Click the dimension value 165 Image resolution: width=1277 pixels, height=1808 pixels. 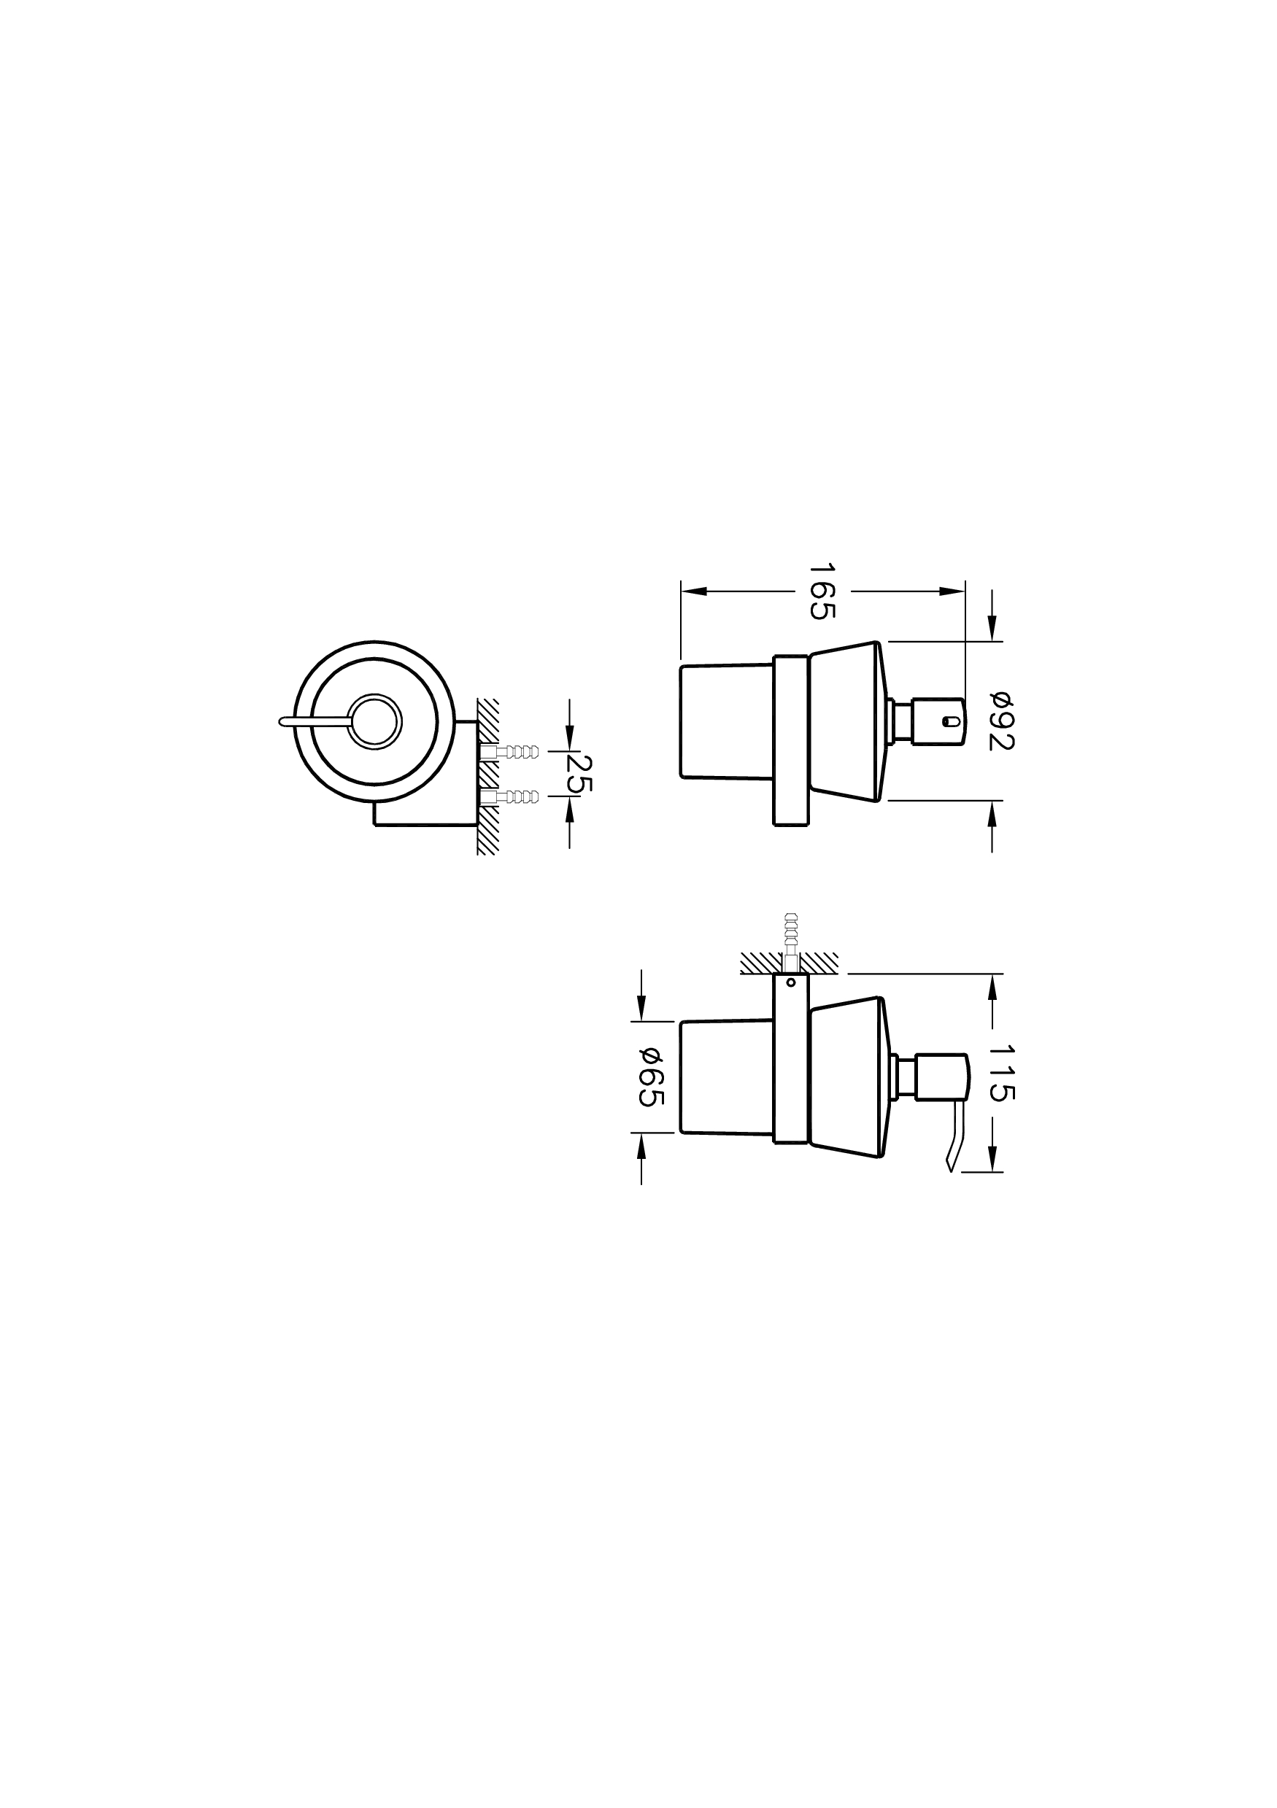tap(821, 591)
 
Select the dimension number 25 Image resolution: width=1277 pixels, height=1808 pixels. tap(582, 773)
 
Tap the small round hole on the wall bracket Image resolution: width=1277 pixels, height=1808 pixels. tap(790, 982)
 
